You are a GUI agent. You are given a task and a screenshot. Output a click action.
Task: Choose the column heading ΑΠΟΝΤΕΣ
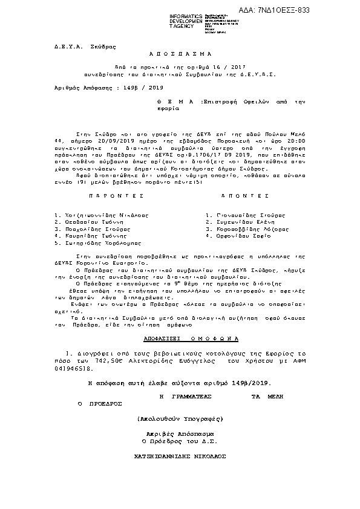pyautogui.click(x=244, y=196)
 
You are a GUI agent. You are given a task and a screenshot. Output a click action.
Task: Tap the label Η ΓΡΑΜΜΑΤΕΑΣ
pyautogui.click(x=184, y=394)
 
